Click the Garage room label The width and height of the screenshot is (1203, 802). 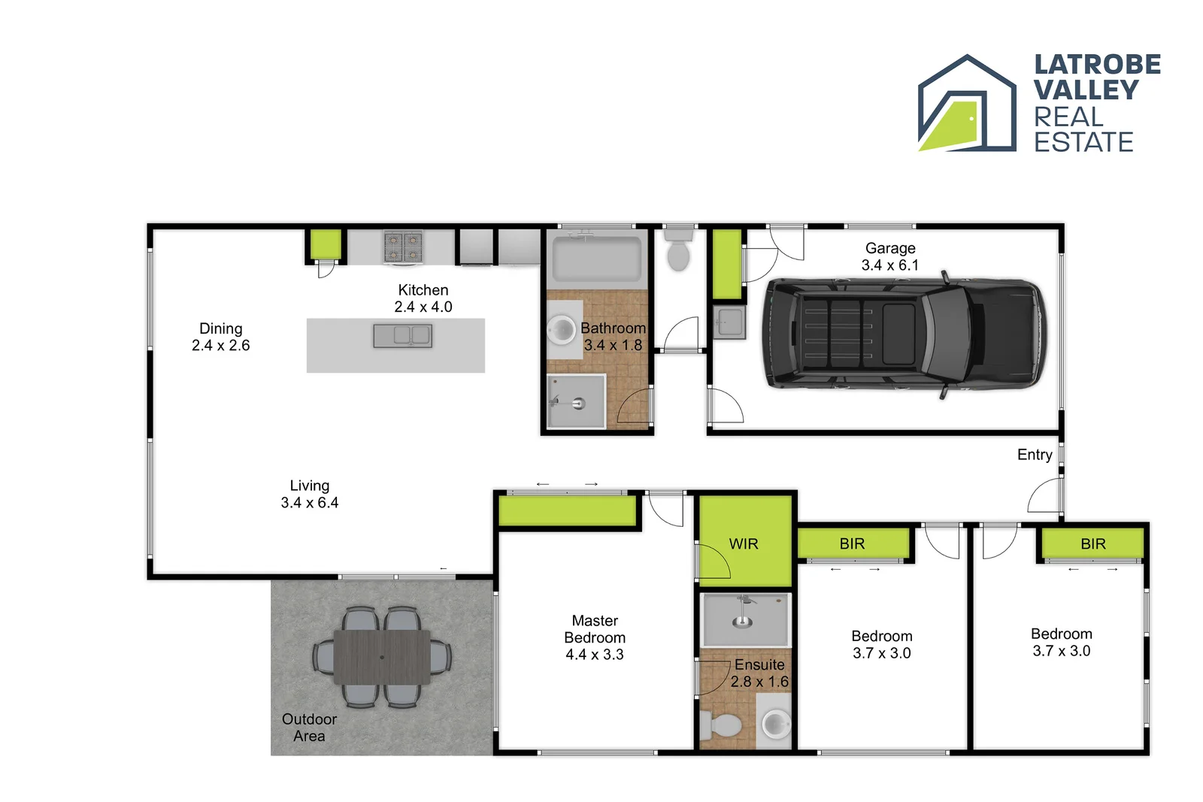pyautogui.click(x=890, y=248)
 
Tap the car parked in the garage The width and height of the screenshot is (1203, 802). pyautogui.click(x=903, y=332)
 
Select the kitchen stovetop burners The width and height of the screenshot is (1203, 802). pyautogui.click(x=403, y=247)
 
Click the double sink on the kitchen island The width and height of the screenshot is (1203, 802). pyautogui.click(x=402, y=335)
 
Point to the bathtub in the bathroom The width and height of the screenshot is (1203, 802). pyautogui.click(x=596, y=258)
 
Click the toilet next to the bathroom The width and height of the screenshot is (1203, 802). pyautogui.click(x=678, y=251)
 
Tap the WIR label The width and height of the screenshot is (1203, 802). pyautogui.click(x=744, y=543)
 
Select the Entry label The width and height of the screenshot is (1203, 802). pyautogui.click(x=1035, y=454)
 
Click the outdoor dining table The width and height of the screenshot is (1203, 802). pyautogui.click(x=382, y=657)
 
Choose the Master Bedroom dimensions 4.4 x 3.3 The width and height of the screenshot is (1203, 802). pyautogui.click(x=595, y=654)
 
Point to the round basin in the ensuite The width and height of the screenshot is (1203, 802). pyautogui.click(x=776, y=725)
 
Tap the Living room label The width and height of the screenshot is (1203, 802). pyautogui.click(x=310, y=486)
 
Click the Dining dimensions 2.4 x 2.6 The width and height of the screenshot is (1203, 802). pyautogui.click(x=220, y=345)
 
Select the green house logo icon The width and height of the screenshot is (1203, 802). pyautogui.click(x=966, y=105)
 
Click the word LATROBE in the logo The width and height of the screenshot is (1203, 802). pyautogui.click(x=1097, y=65)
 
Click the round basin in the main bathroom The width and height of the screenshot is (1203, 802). pyautogui.click(x=561, y=328)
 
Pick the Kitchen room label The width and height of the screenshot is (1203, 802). pyautogui.click(x=423, y=289)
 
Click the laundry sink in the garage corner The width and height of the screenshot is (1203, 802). pyautogui.click(x=729, y=322)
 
